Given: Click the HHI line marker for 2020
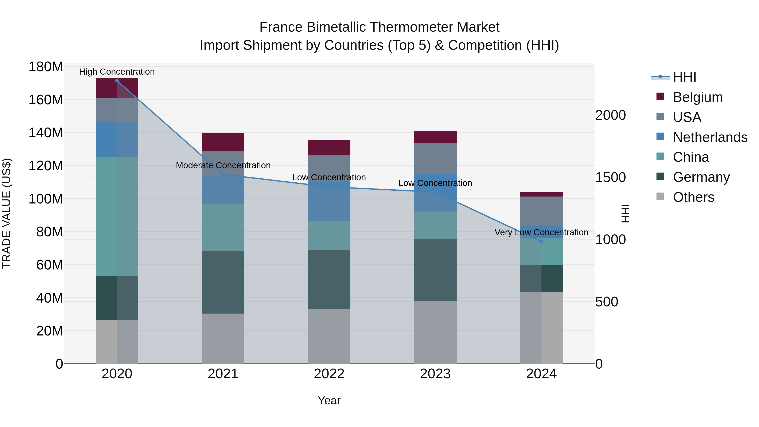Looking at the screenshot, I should point(117,81).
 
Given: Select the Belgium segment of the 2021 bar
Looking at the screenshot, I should point(223,142).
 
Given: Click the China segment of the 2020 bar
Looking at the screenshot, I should point(117,216).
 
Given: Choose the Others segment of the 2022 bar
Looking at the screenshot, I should point(329,336).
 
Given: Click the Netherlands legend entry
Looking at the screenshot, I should point(710,137).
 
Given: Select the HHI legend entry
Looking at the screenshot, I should point(684,77).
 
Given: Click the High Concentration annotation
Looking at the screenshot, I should point(117,72).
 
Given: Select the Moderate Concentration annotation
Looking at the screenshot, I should point(223,166).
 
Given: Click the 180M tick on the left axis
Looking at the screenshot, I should point(46,67).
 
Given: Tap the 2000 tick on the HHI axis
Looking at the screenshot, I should point(611,115).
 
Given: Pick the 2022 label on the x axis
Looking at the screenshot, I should point(329,374).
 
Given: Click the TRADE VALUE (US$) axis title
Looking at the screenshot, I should point(7,213).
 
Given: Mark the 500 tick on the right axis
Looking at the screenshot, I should point(607,302).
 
